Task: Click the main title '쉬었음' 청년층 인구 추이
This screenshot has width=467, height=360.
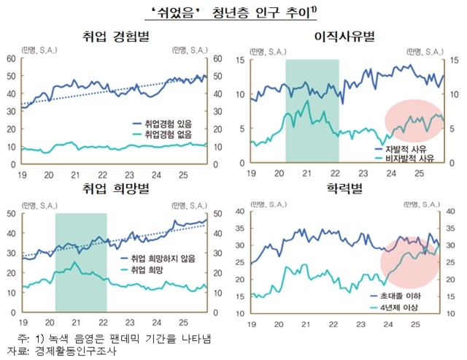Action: [233, 10]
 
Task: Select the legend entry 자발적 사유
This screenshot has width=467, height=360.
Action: [399, 149]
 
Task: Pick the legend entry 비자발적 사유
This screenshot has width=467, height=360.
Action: [402, 158]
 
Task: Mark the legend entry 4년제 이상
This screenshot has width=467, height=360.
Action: [395, 307]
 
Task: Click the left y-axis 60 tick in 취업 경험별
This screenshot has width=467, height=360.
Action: [12, 59]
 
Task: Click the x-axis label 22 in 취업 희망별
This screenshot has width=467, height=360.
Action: [101, 323]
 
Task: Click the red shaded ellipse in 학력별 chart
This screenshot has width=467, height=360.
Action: [414, 263]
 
